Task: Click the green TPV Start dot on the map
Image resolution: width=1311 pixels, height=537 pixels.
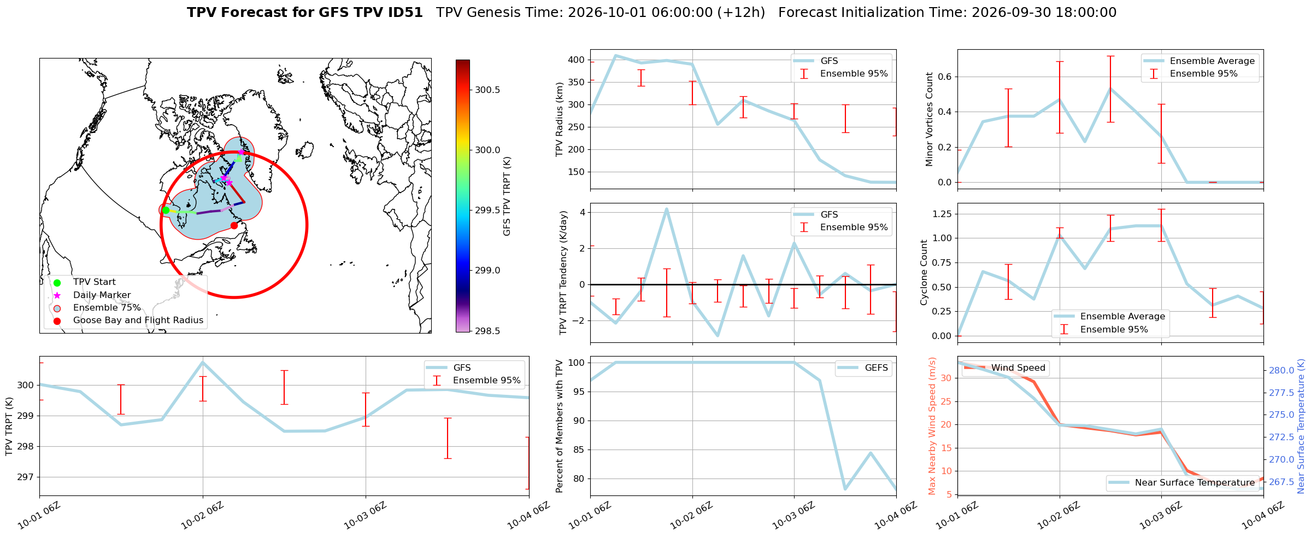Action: (166, 210)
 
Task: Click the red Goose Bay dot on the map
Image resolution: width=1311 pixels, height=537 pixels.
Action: (234, 225)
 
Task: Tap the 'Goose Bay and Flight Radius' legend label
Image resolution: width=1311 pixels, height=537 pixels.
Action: (138, 320)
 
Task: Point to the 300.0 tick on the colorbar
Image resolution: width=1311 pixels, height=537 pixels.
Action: (487, 150)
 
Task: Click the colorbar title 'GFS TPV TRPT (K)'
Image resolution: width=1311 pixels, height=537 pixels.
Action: (507, 196)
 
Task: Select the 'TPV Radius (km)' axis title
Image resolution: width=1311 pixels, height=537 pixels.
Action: (560, 119)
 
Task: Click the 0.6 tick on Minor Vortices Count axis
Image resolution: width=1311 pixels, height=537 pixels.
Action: (944, 77)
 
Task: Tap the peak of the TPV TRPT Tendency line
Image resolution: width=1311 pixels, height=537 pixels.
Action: (667, 209)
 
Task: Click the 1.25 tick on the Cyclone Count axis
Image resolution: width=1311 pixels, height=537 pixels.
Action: (942, 214)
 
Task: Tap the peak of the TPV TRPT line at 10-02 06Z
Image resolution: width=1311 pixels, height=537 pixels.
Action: (203, 362)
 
